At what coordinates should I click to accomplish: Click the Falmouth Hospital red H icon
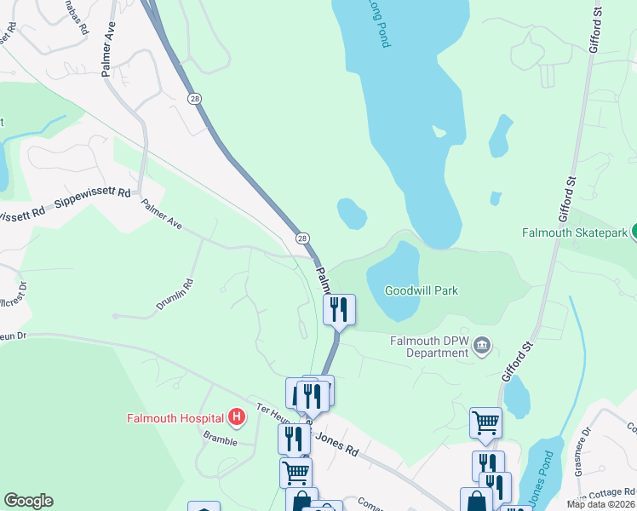(238, 417)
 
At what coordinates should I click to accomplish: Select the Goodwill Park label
(422, 290)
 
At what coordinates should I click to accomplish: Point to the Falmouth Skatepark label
(575, 233)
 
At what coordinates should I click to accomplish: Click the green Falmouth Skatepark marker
(634, 232)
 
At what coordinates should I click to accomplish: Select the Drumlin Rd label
(175, 295)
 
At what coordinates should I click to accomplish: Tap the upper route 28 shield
(195, 99)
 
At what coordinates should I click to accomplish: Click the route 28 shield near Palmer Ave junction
(302, 238)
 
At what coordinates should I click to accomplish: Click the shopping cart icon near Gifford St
(485, 422)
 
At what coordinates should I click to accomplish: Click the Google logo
(28, 501)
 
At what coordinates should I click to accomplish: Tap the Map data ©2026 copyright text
(600, 504)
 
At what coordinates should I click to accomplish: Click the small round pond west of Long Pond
(351, 214)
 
